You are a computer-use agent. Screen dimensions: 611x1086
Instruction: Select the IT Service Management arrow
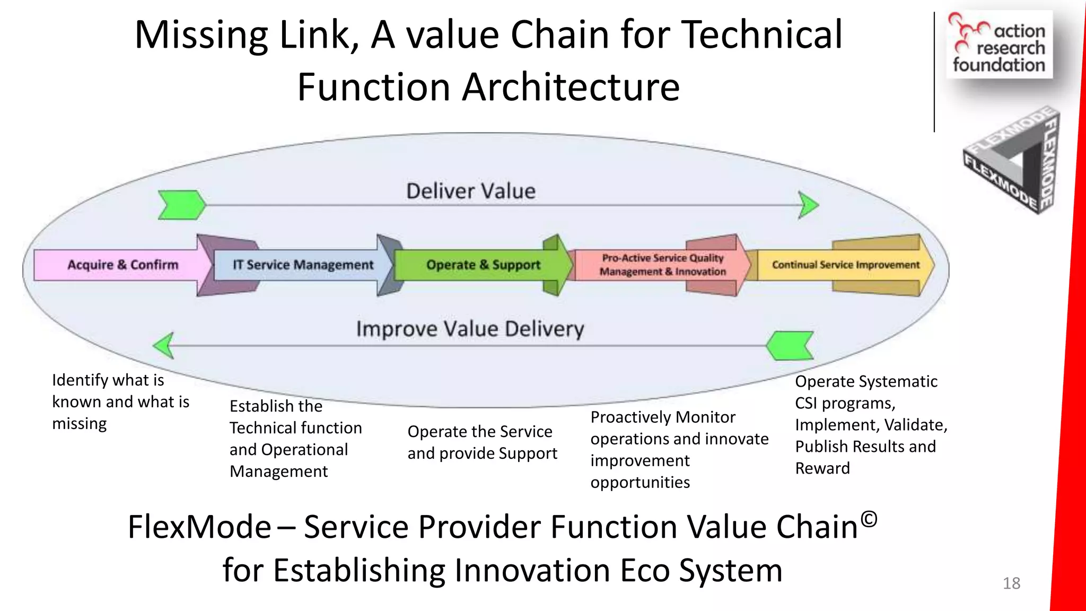(303, 265)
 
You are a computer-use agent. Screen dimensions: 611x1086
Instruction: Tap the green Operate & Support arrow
(483, 265)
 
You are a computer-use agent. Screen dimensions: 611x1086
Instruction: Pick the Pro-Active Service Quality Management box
(662, 265)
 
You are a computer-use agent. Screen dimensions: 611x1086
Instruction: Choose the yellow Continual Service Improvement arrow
(845, 265)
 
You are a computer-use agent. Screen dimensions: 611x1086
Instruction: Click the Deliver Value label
(471, 191)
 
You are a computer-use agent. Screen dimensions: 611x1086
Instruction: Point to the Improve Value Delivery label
(470, 329)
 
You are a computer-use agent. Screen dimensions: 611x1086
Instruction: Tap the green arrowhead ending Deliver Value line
(809, 205)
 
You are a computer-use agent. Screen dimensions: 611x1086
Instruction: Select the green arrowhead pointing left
(164, 346)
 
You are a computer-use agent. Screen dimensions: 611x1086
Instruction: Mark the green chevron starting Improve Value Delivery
(790, 346)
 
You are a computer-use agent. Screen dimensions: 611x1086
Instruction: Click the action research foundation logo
(999, 45)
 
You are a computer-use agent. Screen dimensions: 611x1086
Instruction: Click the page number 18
(1011, 583)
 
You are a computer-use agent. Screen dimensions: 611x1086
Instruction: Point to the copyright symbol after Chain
(869, 519)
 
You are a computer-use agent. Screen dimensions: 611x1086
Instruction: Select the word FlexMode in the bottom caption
(199, 527)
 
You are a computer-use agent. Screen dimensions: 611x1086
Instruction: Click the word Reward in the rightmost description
(822, 468)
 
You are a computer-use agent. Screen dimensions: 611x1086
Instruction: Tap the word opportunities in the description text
(640, 483)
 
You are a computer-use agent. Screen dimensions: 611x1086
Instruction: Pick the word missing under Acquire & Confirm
(80, 424)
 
